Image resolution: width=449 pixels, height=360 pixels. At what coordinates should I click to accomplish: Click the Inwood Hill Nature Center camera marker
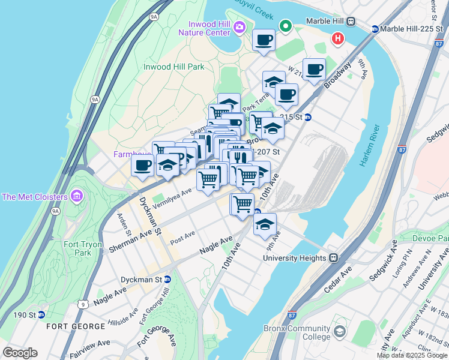(240, 26)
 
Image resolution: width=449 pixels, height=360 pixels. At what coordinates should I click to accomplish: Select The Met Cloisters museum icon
(76, 196)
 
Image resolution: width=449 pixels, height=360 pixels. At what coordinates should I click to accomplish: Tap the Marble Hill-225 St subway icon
(375, 29)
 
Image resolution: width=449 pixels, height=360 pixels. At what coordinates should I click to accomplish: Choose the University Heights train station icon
(334, 258)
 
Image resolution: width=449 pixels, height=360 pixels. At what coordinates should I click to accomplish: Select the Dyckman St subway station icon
(167, 279)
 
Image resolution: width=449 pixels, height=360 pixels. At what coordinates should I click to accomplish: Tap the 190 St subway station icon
(41, 314)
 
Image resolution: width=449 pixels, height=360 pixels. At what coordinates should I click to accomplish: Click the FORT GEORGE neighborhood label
(76, 326)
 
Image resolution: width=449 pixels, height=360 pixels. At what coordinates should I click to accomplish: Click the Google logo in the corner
(20, 353)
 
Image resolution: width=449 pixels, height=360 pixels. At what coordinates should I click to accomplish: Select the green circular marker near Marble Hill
(286, 26)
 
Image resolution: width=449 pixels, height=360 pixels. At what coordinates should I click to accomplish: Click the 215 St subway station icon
(308, 117)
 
